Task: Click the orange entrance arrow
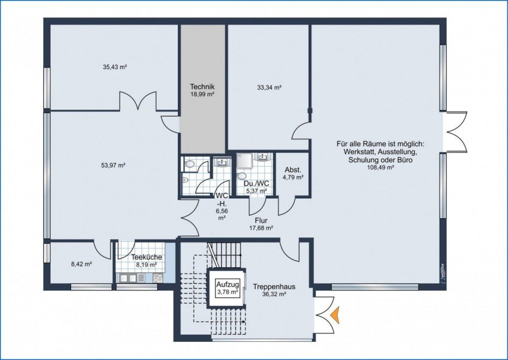click(336, 314)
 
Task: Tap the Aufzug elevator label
click(227, 285)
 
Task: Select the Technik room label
click(202, 87)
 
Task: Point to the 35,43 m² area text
click(114, 67)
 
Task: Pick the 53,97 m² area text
click(113, 165)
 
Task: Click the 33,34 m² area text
click(269, 87)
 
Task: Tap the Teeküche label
click(146, 257)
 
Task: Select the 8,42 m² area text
click(81, 264)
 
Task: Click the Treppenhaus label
click(274, 287)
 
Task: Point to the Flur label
click(261, 221)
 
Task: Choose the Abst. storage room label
click(293, 170)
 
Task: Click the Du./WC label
click(257, 184)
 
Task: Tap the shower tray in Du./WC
click(245, 161)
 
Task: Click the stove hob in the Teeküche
click(158, 278)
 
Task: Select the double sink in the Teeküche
click(128, 278)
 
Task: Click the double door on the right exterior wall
click(457, 131)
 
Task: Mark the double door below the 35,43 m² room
click(139, 100)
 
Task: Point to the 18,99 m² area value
click(203, 94)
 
